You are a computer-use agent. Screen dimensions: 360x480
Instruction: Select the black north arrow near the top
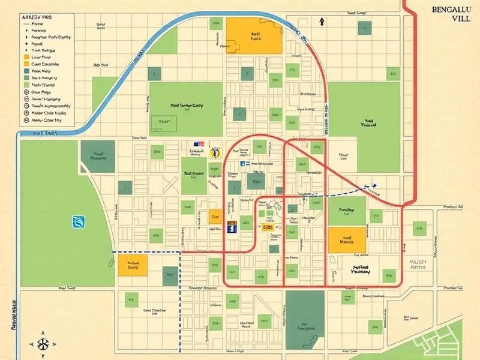322,21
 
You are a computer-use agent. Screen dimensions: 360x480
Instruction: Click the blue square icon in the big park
79,222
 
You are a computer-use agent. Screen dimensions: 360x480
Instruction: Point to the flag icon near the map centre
199,144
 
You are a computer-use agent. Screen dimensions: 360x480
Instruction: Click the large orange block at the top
254,35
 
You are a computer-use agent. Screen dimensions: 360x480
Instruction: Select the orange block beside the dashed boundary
133,264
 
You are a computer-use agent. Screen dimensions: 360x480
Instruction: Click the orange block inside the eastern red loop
346,240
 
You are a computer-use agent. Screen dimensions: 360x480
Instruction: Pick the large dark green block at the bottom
304,319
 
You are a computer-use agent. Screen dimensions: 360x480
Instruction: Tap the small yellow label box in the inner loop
268,227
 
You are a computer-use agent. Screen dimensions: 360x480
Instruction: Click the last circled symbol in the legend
26,120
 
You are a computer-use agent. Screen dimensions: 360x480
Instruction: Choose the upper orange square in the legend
26,56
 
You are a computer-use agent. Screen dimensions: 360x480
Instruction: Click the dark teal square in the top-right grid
364,27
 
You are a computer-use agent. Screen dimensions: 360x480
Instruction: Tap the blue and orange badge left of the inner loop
232,226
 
